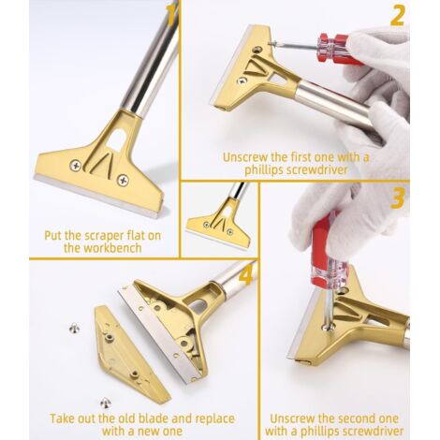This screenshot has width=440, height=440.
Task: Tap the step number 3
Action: point(398,198)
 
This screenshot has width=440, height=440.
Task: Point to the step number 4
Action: point(247,275)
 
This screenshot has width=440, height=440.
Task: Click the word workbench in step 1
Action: point(102,248)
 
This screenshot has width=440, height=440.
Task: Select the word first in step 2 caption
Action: point(301,157)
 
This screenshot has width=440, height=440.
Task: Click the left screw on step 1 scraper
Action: point(76,165)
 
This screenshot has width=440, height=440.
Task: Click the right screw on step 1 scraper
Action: point(123,180)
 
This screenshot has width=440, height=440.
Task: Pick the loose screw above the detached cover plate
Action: point(74,328)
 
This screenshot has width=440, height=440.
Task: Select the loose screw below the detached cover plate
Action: point(106,403)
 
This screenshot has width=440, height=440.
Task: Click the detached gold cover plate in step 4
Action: point(131,354)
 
